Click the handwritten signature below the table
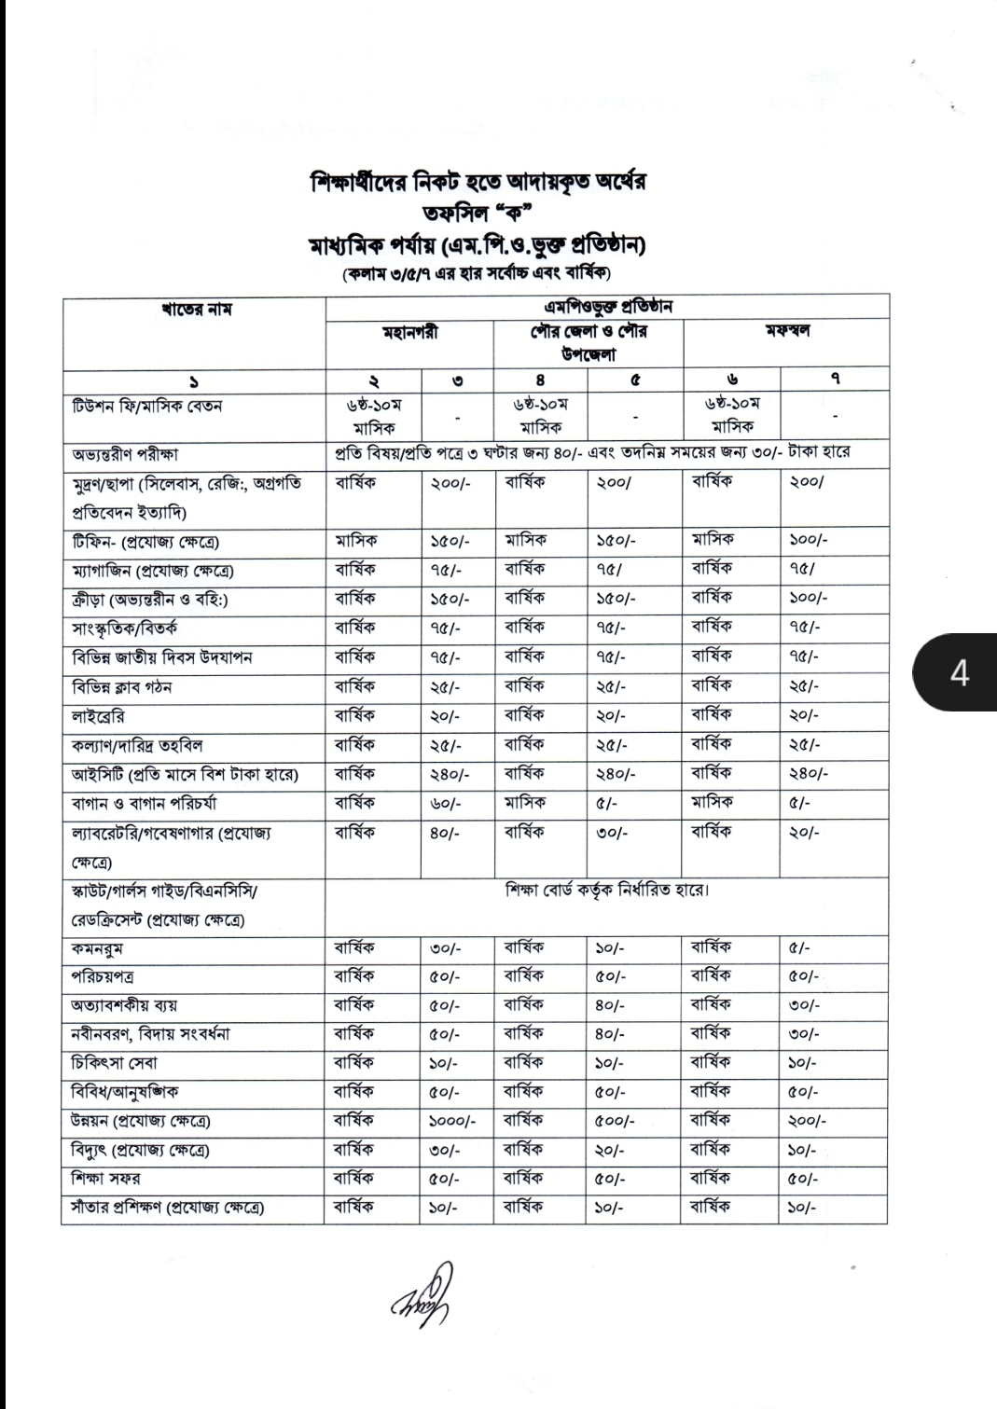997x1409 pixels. coord(422,1293)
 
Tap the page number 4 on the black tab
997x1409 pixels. coord(960,672)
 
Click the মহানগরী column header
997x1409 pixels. coord(409,333)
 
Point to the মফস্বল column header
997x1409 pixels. coord(785,333)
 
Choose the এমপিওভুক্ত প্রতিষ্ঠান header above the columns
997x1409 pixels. coord(606,307)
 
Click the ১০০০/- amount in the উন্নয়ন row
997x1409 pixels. coord(452,1121)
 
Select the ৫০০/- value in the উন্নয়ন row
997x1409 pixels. coord(616,1121)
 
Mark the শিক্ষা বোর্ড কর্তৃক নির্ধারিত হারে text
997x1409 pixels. coord(606,891)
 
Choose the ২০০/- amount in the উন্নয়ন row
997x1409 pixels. coord(807,1121)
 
